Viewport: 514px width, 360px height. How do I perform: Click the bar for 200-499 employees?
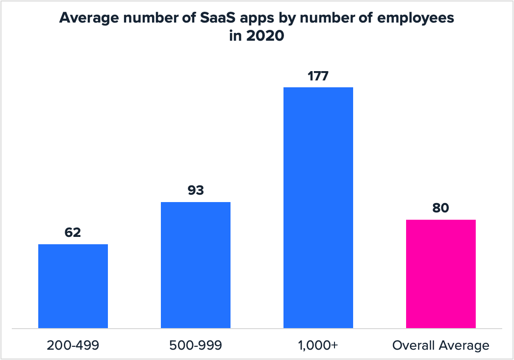tap(73, 286)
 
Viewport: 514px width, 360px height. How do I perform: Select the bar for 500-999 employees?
tap(196, 265)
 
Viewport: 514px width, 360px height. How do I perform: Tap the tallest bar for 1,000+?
tap(318, 207)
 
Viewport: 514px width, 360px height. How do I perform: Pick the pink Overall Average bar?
tap(441, 274)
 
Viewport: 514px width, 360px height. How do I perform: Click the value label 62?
tap(73, 232)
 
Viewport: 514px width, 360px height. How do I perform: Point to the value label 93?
tap(196, 190)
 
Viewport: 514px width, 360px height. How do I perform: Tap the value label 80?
tap(441, 207)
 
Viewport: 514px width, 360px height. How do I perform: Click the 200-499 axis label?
tap(73, 345)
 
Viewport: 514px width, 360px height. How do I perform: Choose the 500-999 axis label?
tap(196, 345)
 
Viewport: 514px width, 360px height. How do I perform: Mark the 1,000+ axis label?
tap(318, 345)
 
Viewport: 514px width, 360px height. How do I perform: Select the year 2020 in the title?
tap(264, 36)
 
